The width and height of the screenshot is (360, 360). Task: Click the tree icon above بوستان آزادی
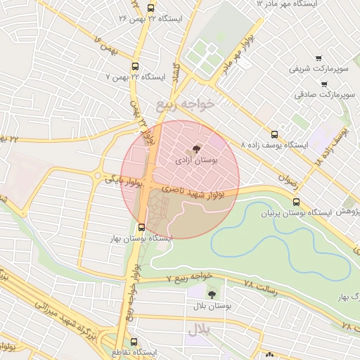click(195, 148)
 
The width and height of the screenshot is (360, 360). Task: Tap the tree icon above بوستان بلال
click(212, 295)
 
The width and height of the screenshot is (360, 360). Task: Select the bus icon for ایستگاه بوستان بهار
click(142, 227)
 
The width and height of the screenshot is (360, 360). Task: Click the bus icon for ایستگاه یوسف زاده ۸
click(274, 134)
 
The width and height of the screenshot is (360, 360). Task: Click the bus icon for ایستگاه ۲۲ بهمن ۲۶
click(151, 8)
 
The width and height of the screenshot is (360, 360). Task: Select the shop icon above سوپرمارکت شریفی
click(318, 58)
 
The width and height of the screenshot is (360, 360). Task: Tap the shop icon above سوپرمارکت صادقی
click(323, 84)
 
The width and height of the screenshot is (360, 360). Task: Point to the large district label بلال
click(199, 329)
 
